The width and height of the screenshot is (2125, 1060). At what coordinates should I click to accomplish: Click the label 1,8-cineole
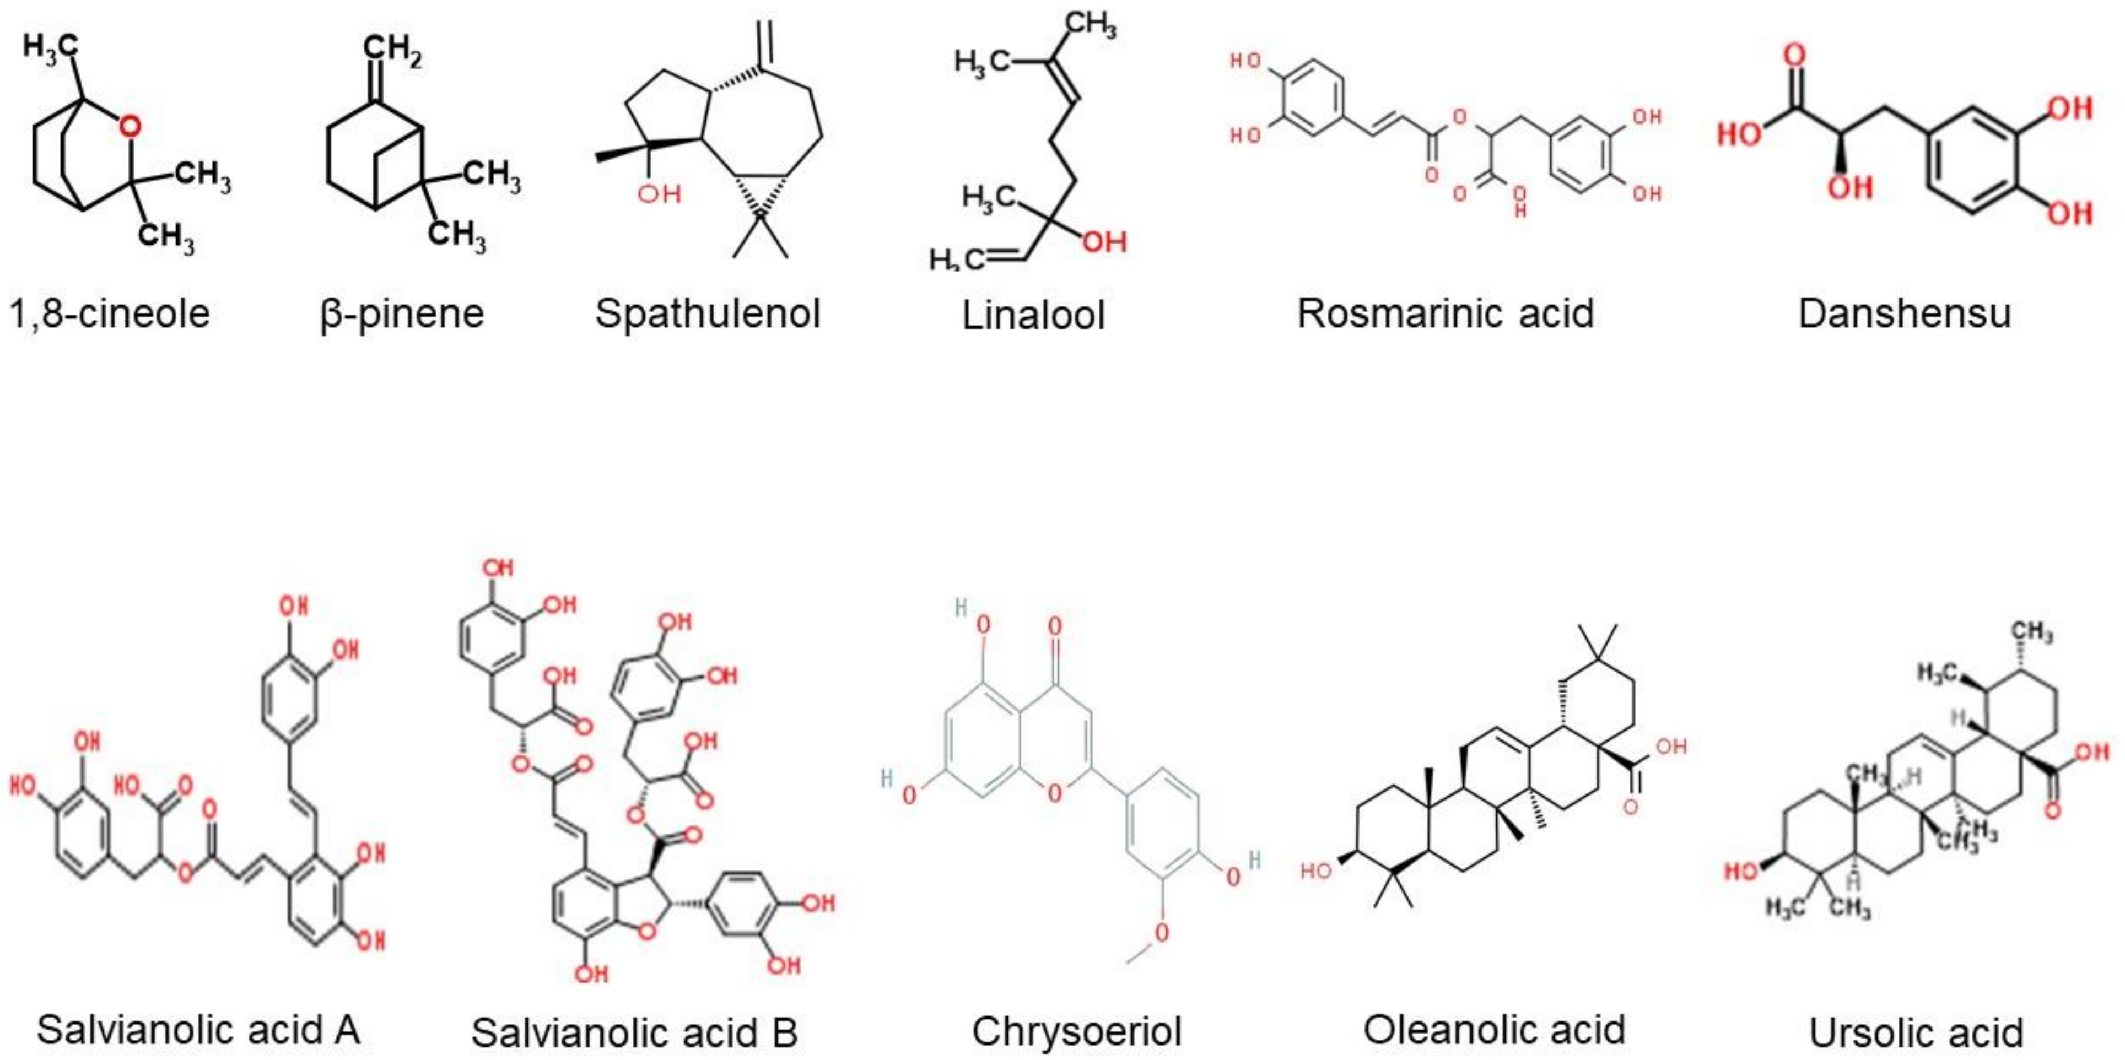[x=110, y=314]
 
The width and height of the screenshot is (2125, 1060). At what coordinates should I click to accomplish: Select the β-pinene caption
[x=402, y=314]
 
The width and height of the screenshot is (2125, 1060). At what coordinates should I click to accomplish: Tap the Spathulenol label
[x=708, y=314]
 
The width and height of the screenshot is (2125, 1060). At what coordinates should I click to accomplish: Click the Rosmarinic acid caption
[x=1446, y=314]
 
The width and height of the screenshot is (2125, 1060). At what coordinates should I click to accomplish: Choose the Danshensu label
[x=1905, y=314]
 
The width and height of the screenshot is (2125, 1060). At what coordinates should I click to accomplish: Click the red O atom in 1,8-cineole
[x=130, y=126]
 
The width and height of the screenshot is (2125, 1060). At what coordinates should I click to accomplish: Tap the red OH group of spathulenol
[x=659, y=194]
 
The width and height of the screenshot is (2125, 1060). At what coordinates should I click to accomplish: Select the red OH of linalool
[x=1104, y=242]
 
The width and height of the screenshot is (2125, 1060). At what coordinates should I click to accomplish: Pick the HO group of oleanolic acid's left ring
[x=1316, y=871]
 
